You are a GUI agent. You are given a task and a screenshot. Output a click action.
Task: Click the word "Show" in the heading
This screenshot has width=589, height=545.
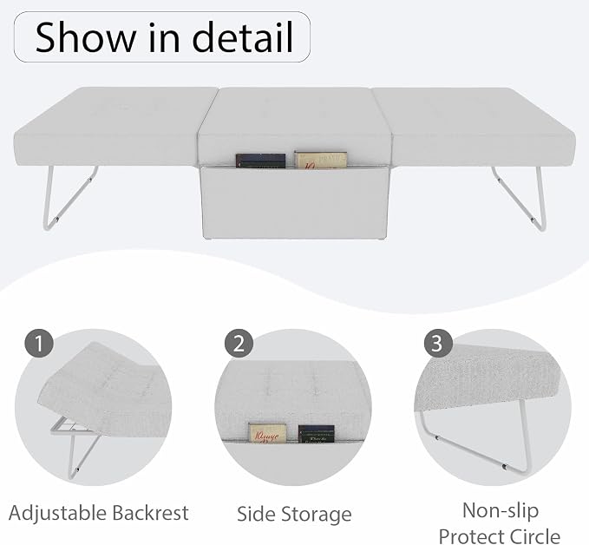pyautogui.click(x=85, y=36)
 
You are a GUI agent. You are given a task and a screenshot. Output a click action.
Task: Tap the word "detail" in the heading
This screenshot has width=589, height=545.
pyautogui.click(x=243, y=36)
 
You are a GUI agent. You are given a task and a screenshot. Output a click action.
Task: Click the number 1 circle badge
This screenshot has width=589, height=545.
pyautogui.click(x=39, y=343)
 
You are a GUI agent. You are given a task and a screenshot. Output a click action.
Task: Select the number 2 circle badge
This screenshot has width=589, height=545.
pyautogui.click(x=239, y=343)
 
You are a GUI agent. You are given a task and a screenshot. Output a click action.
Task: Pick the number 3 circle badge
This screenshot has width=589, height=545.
pyautogui.click(x=438, y=343)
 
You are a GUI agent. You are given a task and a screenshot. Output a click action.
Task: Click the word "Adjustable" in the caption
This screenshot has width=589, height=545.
pyautogui.click(x=57, y=514)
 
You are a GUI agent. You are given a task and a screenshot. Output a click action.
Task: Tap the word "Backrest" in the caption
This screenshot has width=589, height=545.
pyautogui.click(x=150, y=513)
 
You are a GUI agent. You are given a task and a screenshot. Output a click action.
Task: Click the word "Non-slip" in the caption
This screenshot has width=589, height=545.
pyautogui.click(x=501, y=511)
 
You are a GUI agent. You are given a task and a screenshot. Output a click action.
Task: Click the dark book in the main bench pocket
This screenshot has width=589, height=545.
pyautogui.click(x=260, y=161)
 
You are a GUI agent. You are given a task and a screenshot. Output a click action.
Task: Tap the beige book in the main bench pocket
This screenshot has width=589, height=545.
pyautogui.click(x=320, y=160)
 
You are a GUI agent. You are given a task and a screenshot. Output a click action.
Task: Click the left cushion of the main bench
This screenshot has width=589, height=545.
pyautogui.click(x=113, y=126)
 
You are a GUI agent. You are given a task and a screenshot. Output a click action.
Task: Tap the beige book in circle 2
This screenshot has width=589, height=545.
pyautogui.click(x=267, y=433)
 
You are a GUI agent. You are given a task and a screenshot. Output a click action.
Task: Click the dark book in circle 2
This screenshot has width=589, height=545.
pyautogui.click(x=317, y=434)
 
